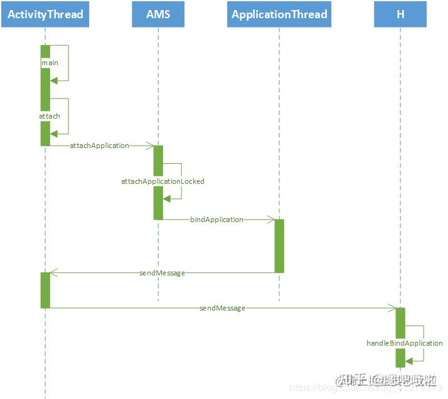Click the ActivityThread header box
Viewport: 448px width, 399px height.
pos(45,14)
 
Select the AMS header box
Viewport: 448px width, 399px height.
pos(158,14)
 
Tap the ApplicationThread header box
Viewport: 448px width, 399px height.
pos(279,14)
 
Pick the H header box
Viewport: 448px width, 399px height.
pos(400,14)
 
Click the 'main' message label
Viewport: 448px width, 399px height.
pos(50,63)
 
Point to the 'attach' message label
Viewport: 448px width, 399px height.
pos(50,116)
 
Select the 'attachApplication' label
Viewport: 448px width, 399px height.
pos(99,146)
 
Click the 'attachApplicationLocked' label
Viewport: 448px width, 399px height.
pos(163,181)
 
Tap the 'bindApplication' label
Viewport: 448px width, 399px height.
pos(216,220)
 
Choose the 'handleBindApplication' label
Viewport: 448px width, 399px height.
pos(405,343)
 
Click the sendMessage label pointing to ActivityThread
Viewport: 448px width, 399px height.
pos(162,273)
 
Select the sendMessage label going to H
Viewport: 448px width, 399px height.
pos(222,308)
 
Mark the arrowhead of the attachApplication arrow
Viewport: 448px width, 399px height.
pos(151,146)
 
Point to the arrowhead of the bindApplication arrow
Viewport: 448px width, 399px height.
pos(272,220)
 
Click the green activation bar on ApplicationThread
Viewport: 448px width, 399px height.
pos(279,246)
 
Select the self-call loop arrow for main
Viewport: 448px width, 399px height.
pos(67,63)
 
